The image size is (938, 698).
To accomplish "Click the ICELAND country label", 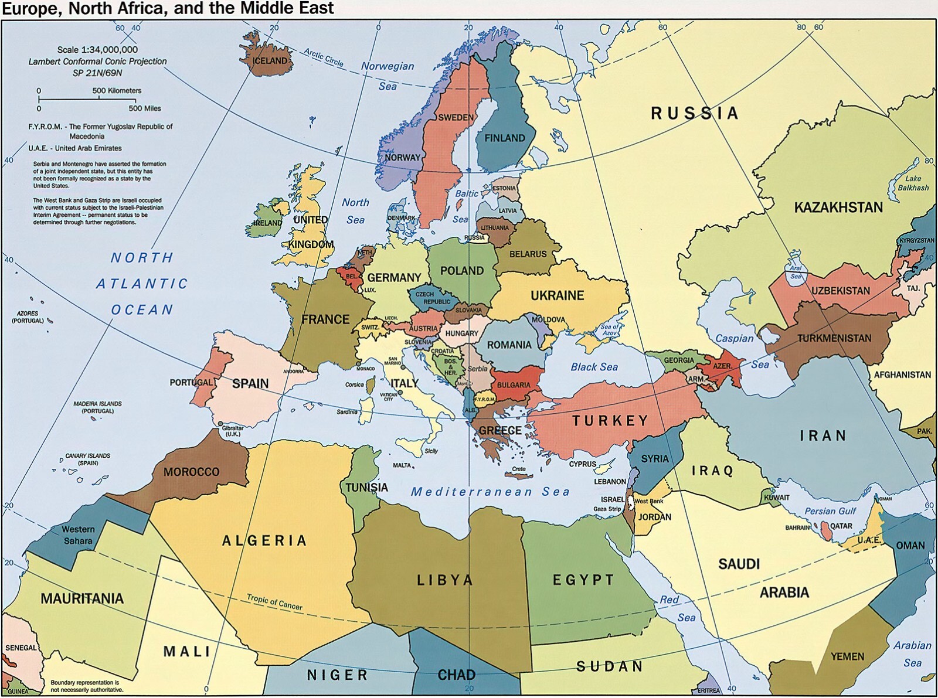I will pyautogui.click(x=270, y=60).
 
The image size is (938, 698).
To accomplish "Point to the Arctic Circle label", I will pyautogui.click(x=324, y=57).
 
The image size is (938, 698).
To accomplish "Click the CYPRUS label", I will pyautogui.click(x=582, y=464).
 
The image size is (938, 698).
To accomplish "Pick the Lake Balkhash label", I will pyautogui.click(x=913, y=183).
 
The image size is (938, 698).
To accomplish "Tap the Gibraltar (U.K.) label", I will pyautogui.click(x=232, y=431).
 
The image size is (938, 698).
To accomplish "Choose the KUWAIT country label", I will pyautogui.click(x=776, y=498).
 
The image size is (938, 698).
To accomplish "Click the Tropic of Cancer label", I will pyautogui.click(x=274, y=602).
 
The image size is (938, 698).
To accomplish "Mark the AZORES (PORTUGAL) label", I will pyautogui.click(x=28, y=317).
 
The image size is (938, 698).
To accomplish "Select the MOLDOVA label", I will pyautogui.click(x=548, y=320).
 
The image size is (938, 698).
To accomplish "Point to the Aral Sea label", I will pyautogui.click(x=796, y=272).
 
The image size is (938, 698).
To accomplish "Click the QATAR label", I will pyautogui.click(x=841, y=526).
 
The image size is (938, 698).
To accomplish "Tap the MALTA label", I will pyautogui.click(x=402, y=465).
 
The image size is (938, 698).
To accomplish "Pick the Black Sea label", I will pyautogui.click(x=594, y=367).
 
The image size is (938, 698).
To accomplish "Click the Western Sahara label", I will pyautogui.click(x=78, y=534).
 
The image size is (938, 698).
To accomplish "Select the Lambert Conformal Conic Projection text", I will pyautogui.click(x=97, y=61).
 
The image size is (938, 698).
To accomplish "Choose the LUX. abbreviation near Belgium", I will pyautogui.click(x=369, y=290).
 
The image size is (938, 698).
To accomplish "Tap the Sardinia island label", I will pyautogui.click(x=346, y=412).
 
